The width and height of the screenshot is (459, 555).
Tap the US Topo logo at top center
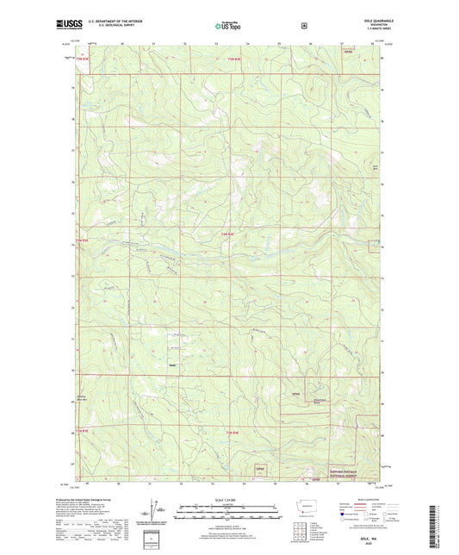227,27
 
